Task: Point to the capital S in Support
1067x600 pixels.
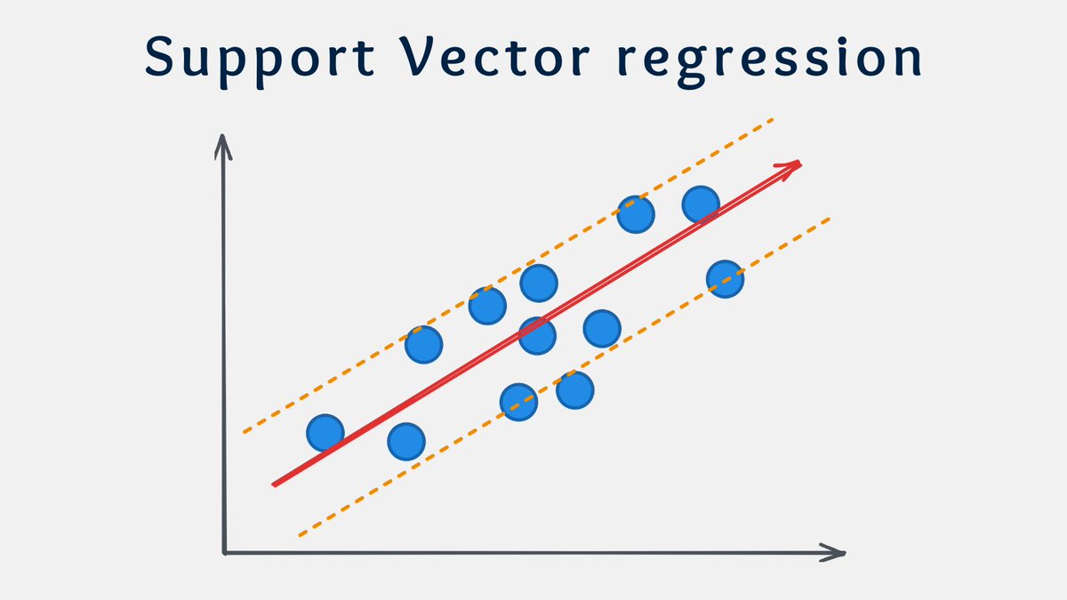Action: pos(161,58)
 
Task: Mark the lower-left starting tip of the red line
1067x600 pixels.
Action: pos(275,484)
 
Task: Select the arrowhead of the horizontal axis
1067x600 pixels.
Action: pos(836,553)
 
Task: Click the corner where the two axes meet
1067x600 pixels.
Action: pos(225,553)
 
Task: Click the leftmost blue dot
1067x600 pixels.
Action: pos(325,433)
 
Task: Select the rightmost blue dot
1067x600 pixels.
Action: pos(725,279)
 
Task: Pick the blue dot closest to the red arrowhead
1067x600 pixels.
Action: pos(701,204)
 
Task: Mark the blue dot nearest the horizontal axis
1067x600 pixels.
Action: pos(406,440)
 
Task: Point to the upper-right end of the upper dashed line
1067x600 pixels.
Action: pos(772,119)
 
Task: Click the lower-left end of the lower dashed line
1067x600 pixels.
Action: pos(300,535)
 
